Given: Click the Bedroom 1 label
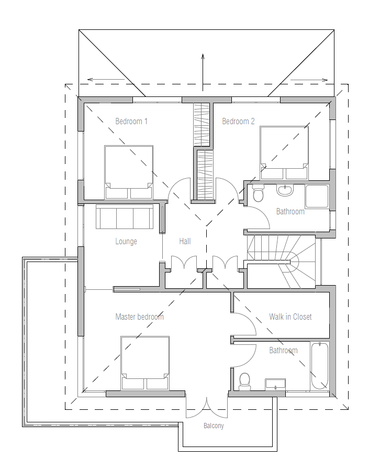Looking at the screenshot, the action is (x=131, y=121).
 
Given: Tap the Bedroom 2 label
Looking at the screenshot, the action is (x=238, y=121).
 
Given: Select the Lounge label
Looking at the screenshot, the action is (x=126, y=241).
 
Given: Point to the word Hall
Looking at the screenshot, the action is (x=185, y=241).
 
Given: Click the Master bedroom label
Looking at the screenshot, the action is (x=139, y=317).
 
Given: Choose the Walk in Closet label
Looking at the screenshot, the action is (x=290, y=317).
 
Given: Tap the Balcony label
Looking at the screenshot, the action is (x=214, y=426).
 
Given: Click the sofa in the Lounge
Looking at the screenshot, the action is (x=125, y=216).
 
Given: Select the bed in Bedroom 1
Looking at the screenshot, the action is (x=129, y=172).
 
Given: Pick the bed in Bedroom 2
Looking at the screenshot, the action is (x=284, y=153).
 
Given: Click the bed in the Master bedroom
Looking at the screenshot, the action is (x=145, y=363).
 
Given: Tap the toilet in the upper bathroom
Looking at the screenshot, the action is (x=258, y=192).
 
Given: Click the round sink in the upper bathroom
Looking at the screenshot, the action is (x=285, y=190).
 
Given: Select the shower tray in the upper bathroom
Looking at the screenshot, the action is (x=317, y=197).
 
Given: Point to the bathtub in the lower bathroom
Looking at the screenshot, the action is (x=320, y=366).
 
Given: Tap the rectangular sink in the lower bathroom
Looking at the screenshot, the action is (x=275, y=385).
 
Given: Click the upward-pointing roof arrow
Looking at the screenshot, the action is (x=203, y=72).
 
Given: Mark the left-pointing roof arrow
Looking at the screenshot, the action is (x=106, y=79).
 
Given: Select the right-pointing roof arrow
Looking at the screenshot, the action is (x=309, y=80).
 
